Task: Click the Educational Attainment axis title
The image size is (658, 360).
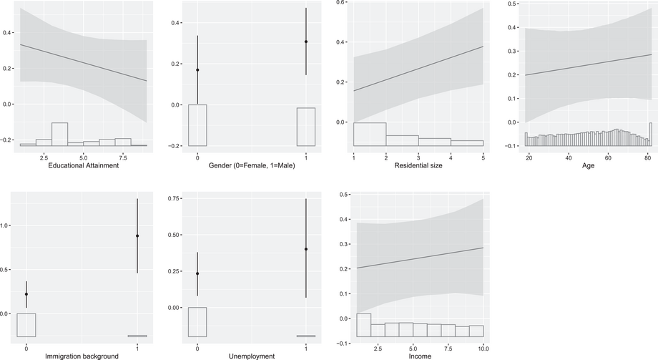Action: pyautogui.click(x=83, y=166)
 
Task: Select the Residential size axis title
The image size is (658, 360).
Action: pyautogui.click(x=416, y=166)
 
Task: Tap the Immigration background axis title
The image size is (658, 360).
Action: pyautogui.click(x=83, y=356)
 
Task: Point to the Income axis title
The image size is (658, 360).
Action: pyautogui.click(x=416, y=356)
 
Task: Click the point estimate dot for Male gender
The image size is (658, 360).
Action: pyautogui.click(x=306, y=42)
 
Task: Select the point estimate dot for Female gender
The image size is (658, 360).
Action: pyautogui.click(x=197, y=70)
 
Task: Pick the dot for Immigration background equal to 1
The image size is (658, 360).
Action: pyautogui.click(x=137, y=236)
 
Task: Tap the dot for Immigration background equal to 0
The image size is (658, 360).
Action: pyautogui.click(x=26, y=294)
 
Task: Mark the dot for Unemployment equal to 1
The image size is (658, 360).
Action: pyautogui.click(x=306, y=249)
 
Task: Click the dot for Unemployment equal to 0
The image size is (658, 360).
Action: pyautogui.click(x=197, y=273)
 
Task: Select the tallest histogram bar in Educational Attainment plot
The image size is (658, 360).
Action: pyautogui.click(x=60, y=134)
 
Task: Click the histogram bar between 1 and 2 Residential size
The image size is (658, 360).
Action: pyautogui.click(x=370, y=135)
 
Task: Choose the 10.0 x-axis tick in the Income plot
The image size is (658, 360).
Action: pyautogui.click(x=483, y=348)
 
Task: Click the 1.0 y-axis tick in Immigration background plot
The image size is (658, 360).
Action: pyautogui.click(x=7, y=225)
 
